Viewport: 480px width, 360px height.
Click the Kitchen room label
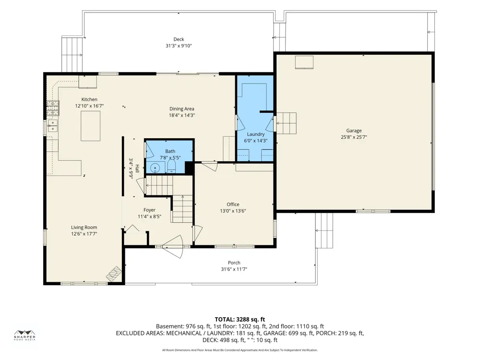89,99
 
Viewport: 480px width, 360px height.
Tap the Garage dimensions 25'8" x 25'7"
354,137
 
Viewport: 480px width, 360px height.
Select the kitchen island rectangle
91,126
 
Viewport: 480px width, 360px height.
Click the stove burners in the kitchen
53,108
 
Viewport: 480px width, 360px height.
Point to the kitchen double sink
53,125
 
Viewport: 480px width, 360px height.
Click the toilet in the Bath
171,166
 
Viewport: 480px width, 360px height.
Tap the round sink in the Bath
155,168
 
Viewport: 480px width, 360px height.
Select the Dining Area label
182,108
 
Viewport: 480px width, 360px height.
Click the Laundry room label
256,134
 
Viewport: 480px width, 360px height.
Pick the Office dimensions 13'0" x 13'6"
233,211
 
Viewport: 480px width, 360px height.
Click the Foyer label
149,210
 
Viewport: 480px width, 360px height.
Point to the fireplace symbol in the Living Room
114,274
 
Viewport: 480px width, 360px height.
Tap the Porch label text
234,263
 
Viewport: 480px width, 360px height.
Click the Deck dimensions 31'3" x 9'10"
179,46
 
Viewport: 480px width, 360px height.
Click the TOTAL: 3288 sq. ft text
240,320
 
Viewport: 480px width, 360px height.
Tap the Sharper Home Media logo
25,336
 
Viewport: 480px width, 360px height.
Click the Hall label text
137,168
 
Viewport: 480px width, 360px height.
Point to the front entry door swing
173,246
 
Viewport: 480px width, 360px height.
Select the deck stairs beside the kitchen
72,54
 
